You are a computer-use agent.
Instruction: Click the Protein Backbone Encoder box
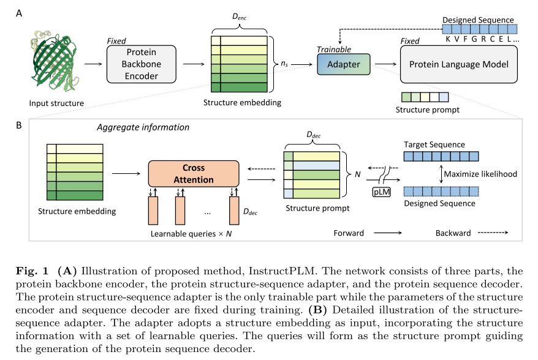[141, 64]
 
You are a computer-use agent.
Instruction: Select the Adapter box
[343, 64]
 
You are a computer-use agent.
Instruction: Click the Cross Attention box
[193, 173]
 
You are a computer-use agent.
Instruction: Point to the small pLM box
[381, 190]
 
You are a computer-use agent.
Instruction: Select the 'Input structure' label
[56, 103]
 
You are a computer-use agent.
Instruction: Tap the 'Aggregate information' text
[143, 127]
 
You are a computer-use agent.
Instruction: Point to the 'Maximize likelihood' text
[481, 174]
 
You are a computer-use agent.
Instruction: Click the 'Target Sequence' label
[434, 144]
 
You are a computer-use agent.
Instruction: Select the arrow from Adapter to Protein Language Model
[385, 63]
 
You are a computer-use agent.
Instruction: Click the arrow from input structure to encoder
[94, 63]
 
